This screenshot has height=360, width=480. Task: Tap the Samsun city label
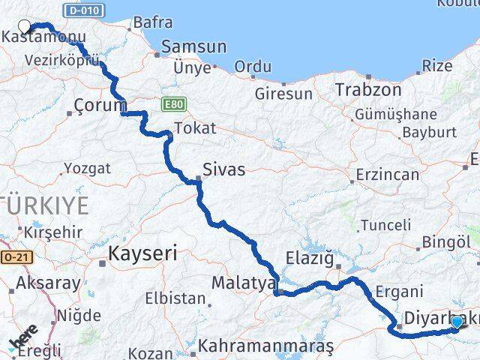coord(193,47)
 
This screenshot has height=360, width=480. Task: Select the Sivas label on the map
coord(223,169)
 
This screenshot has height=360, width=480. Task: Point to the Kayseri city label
coord(142,253)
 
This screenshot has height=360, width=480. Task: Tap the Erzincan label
coord(388,174)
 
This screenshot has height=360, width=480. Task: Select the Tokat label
coord(194,128)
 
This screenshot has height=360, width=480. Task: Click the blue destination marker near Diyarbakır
coord(457,322)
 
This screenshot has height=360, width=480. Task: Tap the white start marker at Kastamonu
coord(24,26)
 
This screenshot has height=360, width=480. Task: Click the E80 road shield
coord(169,103)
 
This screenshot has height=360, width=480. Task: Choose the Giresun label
coord(283,94)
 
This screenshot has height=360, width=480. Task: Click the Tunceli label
coord(385,225)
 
